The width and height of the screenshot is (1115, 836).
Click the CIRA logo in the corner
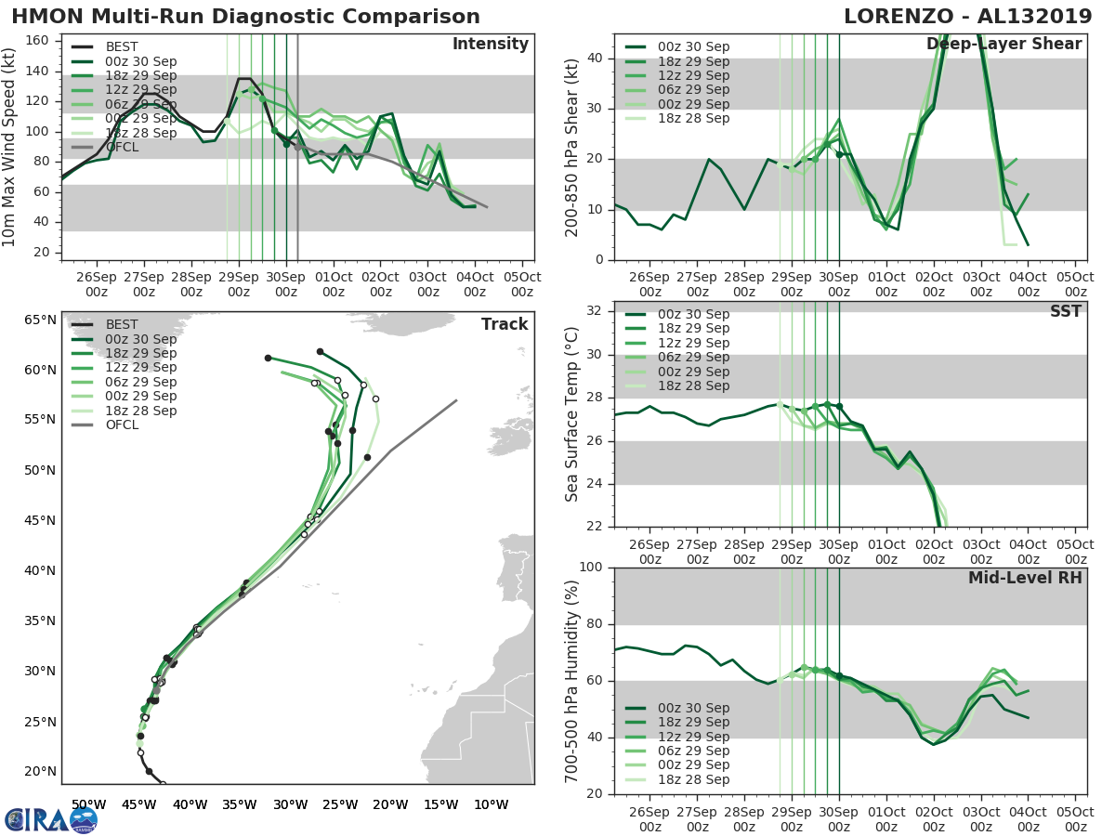click(51, 818)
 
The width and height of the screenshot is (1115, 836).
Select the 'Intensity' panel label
click(490, 45)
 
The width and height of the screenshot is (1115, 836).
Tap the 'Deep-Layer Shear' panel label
click(1003, 45)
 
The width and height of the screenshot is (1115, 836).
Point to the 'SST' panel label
click(1066, 311)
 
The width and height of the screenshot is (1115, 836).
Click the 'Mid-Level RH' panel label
click(1025, 578)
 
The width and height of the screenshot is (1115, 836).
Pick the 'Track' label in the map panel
click(505, 324)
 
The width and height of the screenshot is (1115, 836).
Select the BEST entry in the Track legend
click(123, 324)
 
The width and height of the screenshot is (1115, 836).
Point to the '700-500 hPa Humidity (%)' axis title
click(572, 680)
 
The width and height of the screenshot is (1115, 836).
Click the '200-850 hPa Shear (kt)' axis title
click(572, 148)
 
